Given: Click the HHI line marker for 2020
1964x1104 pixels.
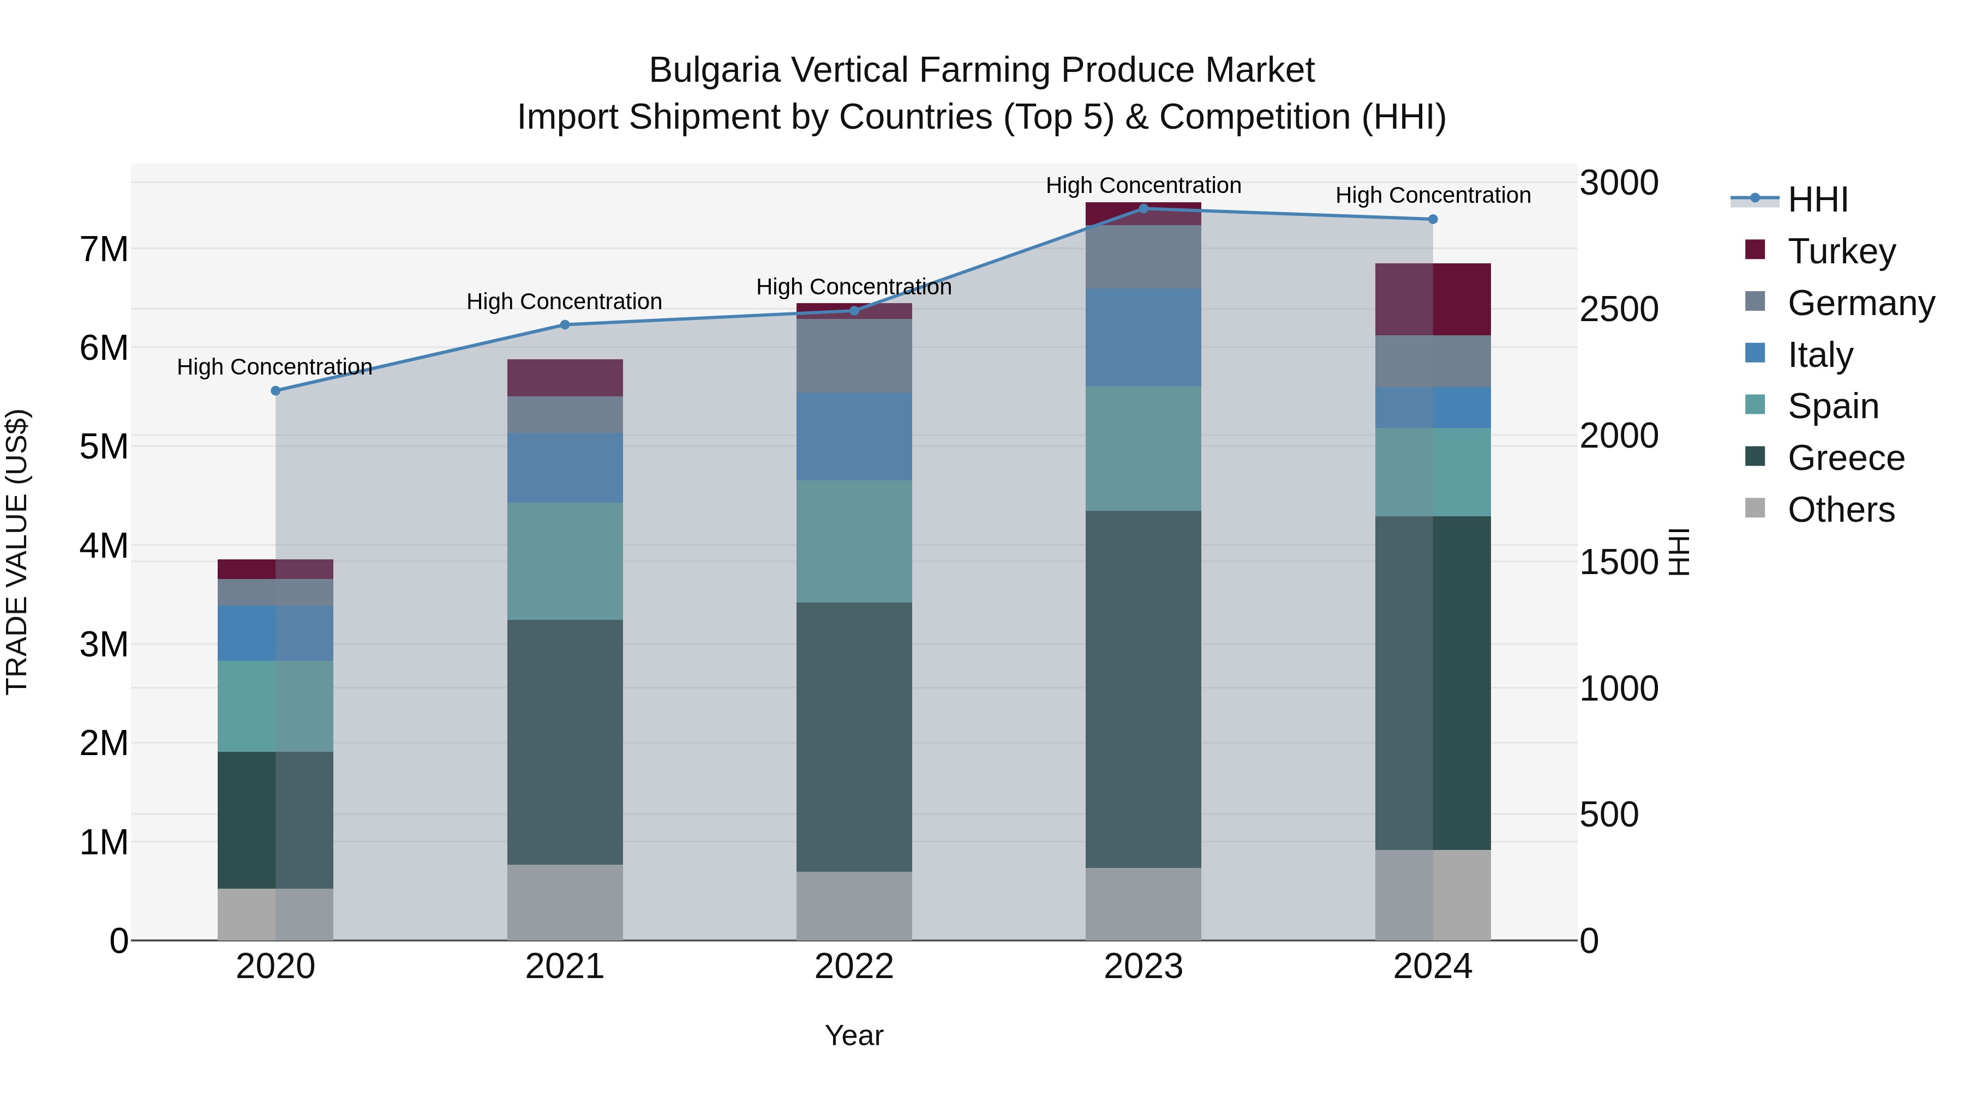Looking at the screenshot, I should coord(276,391).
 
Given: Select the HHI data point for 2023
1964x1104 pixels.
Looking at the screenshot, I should coord(1143,209).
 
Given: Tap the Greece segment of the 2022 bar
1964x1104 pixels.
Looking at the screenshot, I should coord(854,737).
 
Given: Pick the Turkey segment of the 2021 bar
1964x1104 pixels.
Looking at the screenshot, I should coord(565,378).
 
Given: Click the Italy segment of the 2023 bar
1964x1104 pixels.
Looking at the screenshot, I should coord(1143,337).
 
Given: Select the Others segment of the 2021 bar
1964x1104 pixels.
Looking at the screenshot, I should coord(565,902).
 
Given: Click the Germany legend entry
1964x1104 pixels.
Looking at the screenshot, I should coord(1860,303).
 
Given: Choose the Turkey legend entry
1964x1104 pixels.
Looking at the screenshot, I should coord(1841,251).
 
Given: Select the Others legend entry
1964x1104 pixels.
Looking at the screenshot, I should coord(1841,510).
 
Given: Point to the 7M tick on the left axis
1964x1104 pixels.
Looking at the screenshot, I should coord(104,249).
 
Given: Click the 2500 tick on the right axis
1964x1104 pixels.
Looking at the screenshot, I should coord(1619,309).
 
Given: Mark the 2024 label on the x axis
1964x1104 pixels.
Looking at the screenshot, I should coord(1433,967).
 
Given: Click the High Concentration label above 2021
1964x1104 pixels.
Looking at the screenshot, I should coord(564,301).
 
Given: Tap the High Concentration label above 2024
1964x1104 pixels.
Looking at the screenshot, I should coord(1433,196).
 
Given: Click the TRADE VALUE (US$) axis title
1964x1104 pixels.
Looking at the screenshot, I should coord(17,552).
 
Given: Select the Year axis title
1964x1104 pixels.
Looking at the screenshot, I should coord(854,1035).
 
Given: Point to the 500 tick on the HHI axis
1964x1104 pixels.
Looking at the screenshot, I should coord(1609,815).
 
